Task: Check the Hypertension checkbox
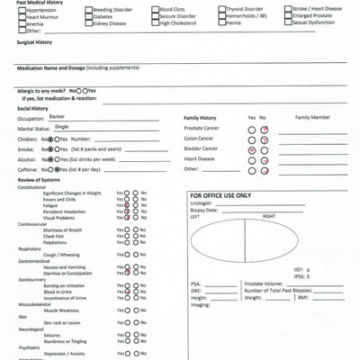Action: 22,10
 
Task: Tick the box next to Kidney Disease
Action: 89,22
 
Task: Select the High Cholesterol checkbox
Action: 156,22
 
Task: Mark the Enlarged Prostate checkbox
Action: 289,16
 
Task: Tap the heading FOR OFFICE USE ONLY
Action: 220,195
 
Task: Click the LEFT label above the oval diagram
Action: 194,217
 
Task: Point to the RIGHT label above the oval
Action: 268,217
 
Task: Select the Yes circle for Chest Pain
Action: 128,236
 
